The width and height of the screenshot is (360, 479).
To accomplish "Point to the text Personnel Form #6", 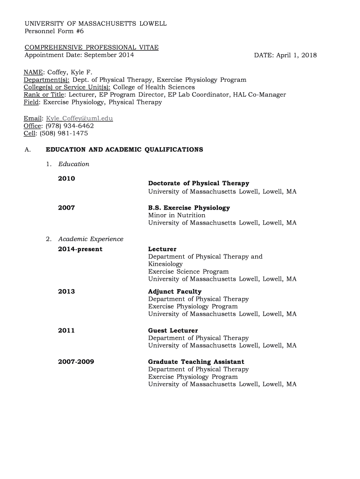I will (x=54, y=31).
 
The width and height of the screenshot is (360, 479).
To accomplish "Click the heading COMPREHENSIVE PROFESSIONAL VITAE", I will (x=91, y=48).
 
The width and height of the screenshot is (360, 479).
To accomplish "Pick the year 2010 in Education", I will (x=66, y=178).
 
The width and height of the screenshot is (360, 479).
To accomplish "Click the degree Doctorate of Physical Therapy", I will (x=199, y=183).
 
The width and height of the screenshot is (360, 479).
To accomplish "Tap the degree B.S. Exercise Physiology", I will (x=189, y=208).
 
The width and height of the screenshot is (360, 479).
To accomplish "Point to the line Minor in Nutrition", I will (x=177, y=215).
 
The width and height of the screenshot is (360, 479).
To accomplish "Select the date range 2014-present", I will (x=80, y=249).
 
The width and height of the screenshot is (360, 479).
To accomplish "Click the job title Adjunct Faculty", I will (x=175, y=291).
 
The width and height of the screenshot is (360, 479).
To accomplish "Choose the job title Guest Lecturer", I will (x=173, y=330).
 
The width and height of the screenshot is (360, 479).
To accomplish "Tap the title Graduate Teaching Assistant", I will (x=196, y=362).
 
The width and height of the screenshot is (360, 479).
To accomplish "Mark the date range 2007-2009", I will (x=76, y=362).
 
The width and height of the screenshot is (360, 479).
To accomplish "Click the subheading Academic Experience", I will (x=91, y=239).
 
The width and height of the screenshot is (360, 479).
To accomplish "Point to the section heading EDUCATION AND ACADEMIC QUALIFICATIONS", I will (x=124, y=150).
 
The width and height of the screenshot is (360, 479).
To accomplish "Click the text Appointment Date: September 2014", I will (x=79, y=55).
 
